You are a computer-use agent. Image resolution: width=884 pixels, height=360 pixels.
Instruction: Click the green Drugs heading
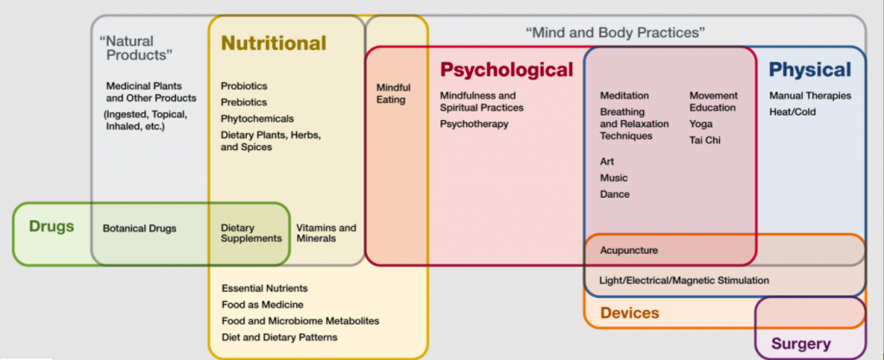point(52,227)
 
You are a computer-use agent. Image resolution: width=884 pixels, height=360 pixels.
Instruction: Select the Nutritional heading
point(274,42)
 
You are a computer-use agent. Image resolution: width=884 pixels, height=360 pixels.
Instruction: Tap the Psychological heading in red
point(506,69)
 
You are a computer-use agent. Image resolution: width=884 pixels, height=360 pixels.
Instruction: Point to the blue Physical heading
point(810,69)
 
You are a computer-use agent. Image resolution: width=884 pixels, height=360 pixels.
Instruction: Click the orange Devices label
point(629,313)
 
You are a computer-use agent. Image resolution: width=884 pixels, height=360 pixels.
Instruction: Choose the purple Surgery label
point(800,344)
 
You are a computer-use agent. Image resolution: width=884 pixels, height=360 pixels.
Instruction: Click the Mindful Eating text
point(393,93)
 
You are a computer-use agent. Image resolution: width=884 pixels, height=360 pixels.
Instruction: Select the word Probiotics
point(244,86)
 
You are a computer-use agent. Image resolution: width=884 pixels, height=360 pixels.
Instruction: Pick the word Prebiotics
point(244,102)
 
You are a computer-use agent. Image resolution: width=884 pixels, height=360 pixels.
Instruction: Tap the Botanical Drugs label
point(139,229)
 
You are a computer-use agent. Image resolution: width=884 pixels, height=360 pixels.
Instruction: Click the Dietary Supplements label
point(251,233)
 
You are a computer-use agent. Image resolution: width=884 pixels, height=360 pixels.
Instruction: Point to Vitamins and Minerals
point(325,233)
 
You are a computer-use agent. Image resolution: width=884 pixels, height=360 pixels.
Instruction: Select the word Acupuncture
point(628,250)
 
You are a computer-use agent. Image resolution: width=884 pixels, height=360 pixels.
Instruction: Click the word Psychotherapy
point(474,123)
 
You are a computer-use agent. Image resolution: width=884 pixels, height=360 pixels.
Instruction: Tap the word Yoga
point(701,123)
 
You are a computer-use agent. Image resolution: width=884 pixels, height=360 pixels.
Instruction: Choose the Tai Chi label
point(704,140)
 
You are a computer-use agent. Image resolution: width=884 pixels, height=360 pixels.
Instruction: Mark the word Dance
point(615,194)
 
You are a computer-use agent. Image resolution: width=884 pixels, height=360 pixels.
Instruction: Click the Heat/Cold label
point(792,111)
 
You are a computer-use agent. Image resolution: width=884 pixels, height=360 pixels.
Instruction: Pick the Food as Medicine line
point(262,304)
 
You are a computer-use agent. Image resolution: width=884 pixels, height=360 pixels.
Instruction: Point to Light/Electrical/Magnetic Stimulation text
point(684,281)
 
